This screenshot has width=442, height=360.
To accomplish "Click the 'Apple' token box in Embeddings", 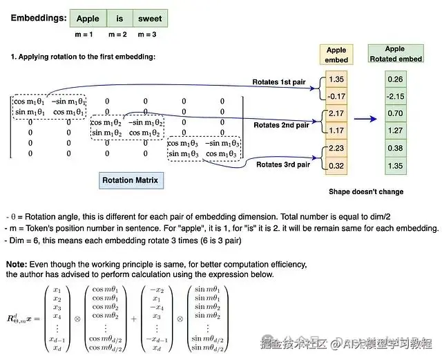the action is coord(88,18).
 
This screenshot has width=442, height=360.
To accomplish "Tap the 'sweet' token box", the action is coord(150,18).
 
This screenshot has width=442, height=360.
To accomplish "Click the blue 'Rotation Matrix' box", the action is coord(130,180).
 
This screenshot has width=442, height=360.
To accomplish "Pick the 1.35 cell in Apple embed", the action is coord(336,79).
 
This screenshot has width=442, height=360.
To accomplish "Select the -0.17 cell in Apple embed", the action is coord(336,96).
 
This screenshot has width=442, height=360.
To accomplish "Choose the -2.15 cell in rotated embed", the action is coord(395,96).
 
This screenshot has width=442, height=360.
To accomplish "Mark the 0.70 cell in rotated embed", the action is coord(395,113).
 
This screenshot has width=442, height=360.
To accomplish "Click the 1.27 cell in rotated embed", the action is coord(395,130).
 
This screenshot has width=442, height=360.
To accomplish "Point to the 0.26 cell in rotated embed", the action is coord(395,79).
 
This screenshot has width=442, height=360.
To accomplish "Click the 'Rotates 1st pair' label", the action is coord(280,82).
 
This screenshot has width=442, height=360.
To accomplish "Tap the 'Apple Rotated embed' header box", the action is coord(395,54).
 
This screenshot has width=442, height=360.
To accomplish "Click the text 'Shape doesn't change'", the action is coord(365,191).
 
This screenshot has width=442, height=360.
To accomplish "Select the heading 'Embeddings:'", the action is coord(39,18).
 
